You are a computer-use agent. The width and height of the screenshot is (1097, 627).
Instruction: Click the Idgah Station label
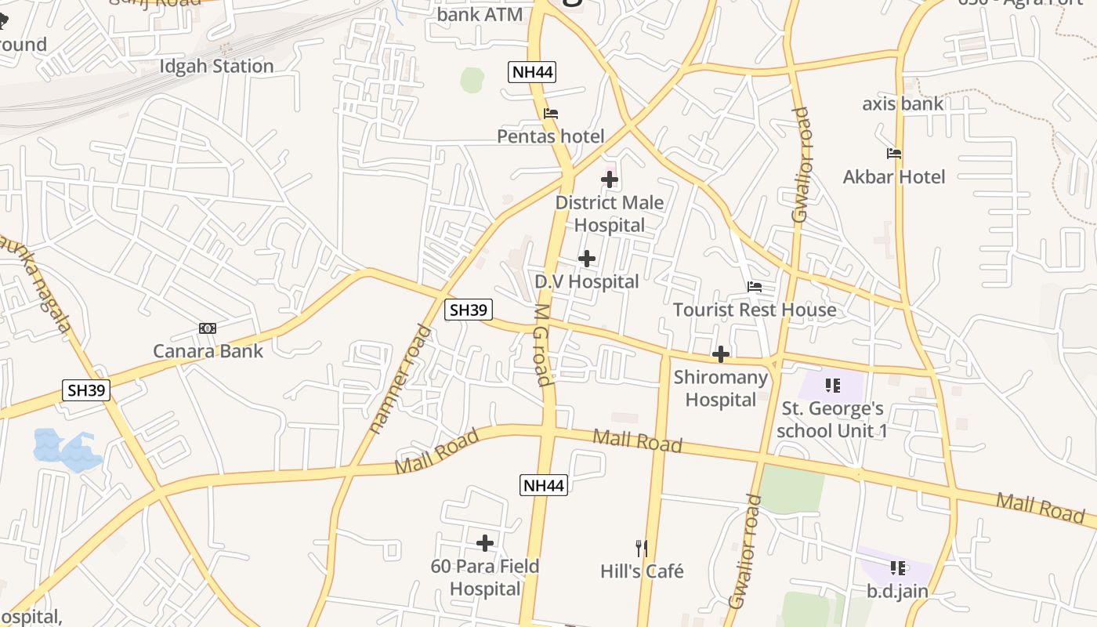(216, 66)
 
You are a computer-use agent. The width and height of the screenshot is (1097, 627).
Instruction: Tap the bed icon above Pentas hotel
(551, 114)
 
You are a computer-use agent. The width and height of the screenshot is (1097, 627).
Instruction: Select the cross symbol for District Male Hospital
(610, 179)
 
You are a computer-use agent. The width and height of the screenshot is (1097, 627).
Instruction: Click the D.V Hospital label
(587, 281)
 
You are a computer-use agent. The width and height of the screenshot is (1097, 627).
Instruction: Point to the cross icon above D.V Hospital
(587, 259)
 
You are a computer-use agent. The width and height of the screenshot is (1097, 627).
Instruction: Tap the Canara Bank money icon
(208, 328)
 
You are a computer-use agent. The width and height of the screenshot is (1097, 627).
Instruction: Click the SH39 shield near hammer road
(469, 310)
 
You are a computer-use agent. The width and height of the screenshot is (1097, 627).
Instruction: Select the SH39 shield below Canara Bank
(86, 390)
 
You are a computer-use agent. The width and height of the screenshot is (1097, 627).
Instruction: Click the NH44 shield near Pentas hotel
(532, 73)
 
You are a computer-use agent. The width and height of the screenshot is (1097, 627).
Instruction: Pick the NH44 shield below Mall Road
(543, 485)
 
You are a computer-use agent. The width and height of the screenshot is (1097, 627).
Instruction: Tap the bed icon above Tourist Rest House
(755, 287)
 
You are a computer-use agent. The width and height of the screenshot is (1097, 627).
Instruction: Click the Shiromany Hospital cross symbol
(721, 354)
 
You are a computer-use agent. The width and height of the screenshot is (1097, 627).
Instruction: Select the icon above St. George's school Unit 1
(832, 385)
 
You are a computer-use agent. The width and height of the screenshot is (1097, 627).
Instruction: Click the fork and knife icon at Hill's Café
(642, 548)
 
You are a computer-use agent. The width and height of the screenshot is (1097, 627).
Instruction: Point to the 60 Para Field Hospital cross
(485, 542)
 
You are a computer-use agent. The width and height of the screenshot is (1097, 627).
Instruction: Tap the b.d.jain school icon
(897, 567)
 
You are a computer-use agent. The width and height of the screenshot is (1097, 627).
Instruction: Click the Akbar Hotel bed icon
(894, 154)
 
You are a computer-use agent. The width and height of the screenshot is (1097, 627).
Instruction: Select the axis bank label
(903, 103)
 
